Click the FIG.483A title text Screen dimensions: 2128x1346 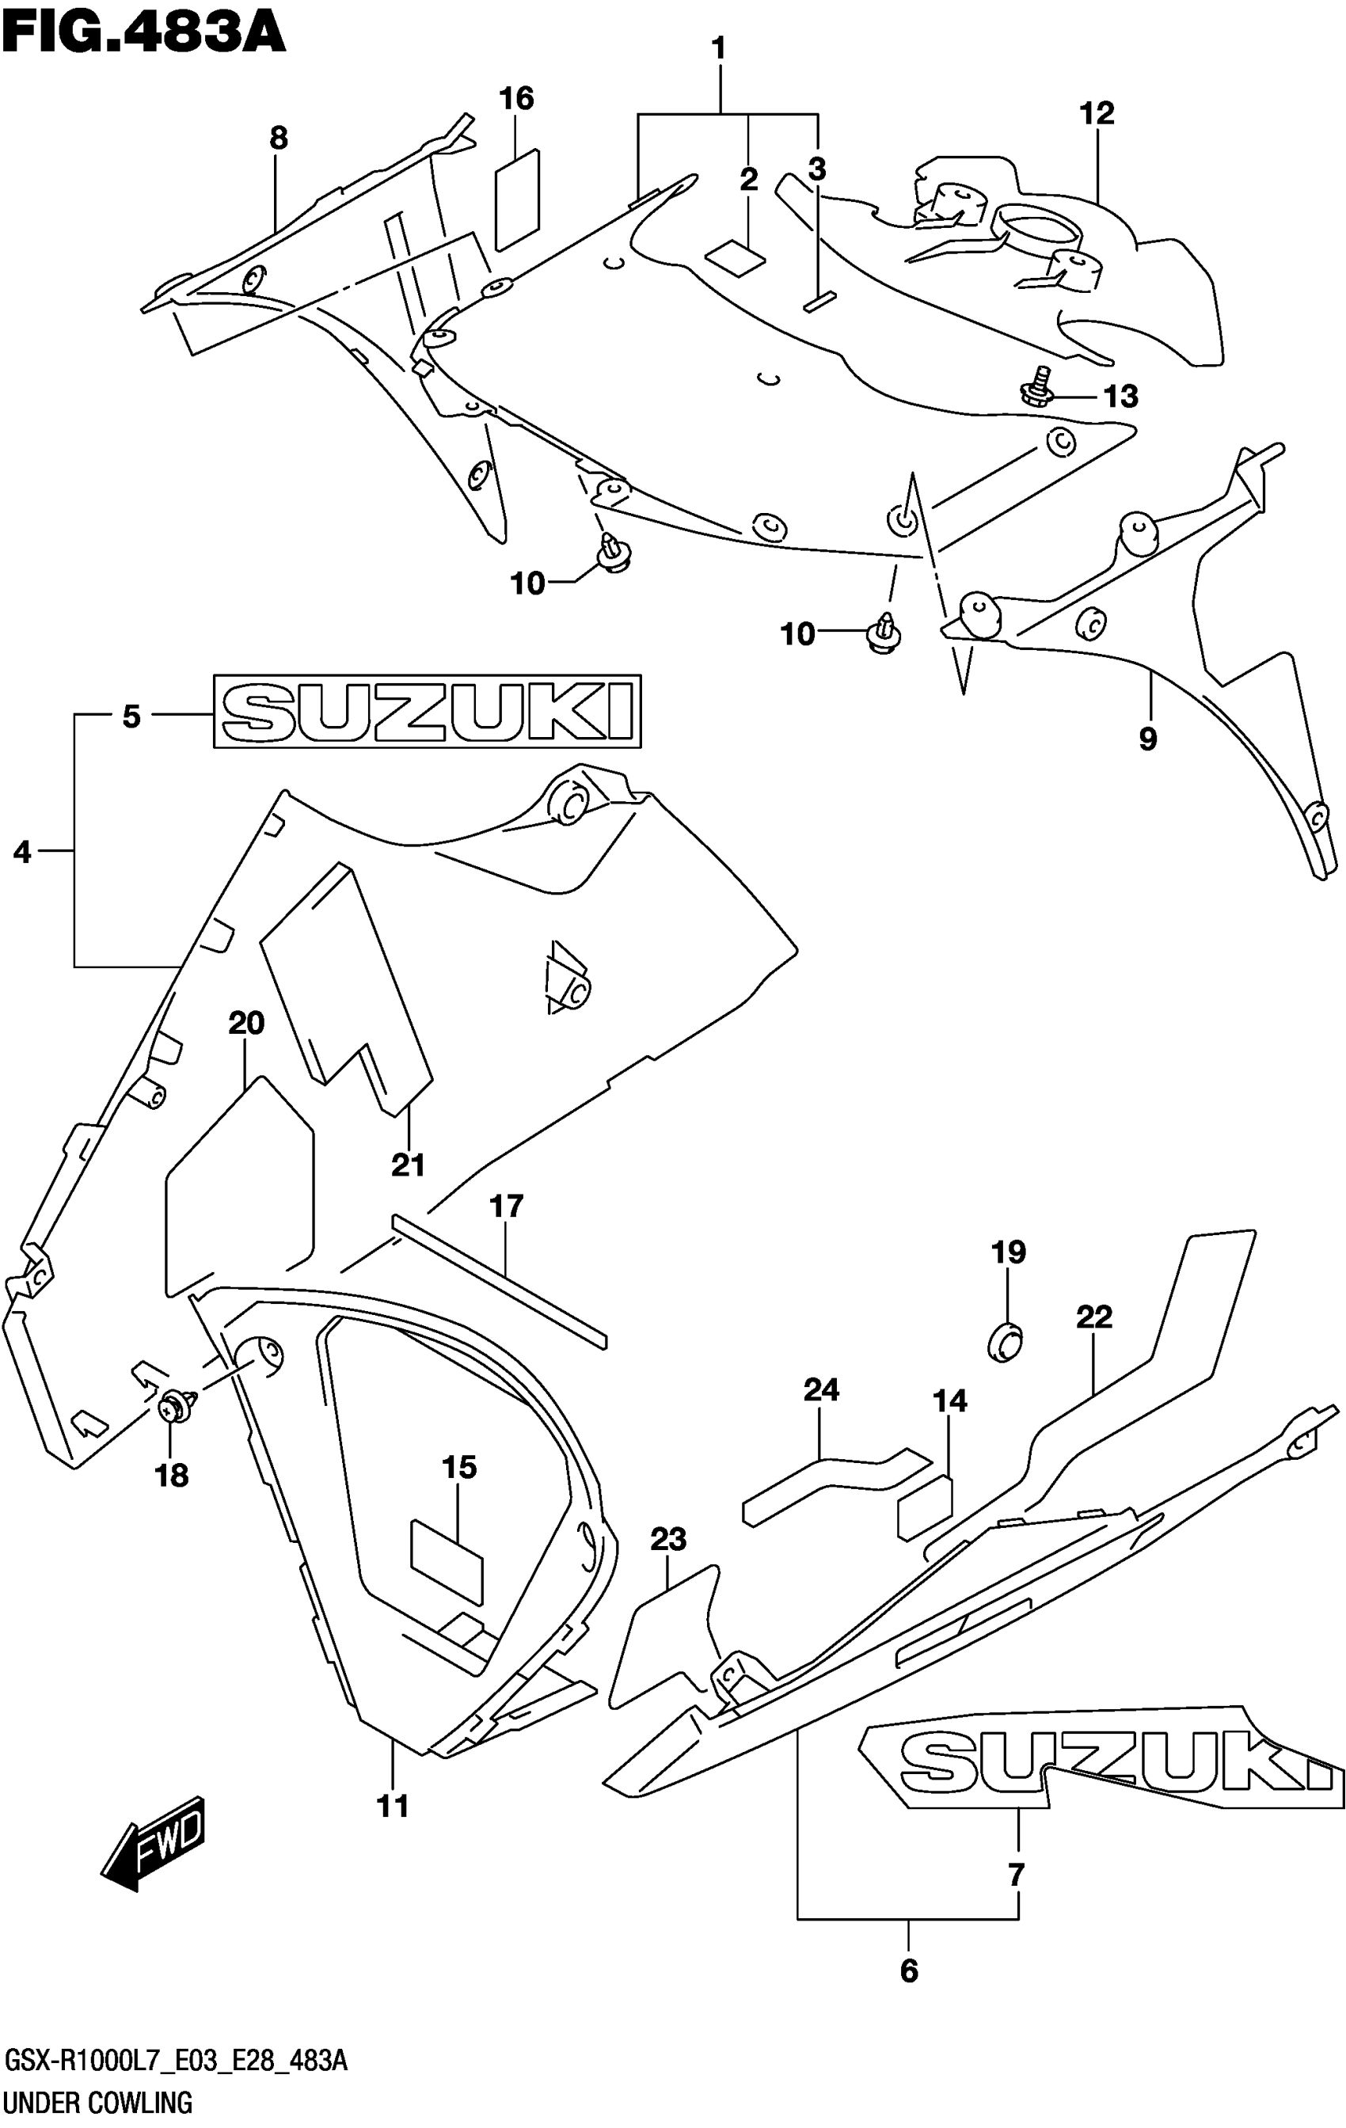(x=144, y=32)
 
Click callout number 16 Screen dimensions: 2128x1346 (x=516, y=98)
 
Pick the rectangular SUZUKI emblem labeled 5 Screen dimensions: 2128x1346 (x=427, y=712)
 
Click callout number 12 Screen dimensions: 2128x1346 (x=1096, y=114)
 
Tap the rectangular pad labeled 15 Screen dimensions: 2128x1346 (x=447, y=1560)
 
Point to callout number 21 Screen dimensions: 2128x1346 (x=409, y=1165)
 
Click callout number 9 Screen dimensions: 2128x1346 (x=1147, y=739)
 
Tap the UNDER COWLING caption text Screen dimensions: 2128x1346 (x=97, y=2103)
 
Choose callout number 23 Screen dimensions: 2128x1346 (x=668, y=1540)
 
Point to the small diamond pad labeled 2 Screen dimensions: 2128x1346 (x=735, y=258)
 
